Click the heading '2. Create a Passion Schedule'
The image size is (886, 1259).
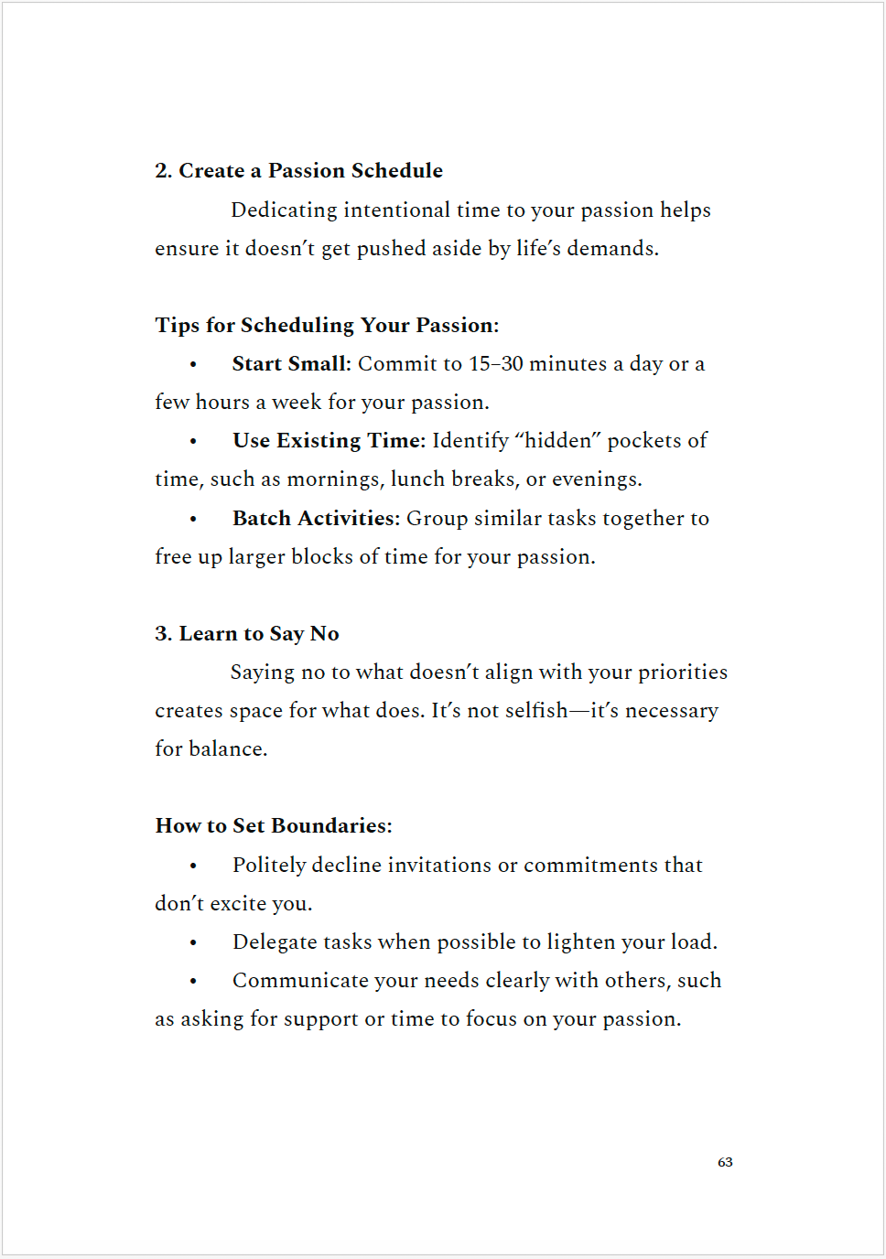pyautogui.click(x=298, y=171)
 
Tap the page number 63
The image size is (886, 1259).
pyautogui.click(x=725, y=1162)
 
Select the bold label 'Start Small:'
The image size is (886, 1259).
pyautogui.click(x=291, y=364)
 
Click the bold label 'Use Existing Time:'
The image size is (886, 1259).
pyautogui.click(x=329, y=441)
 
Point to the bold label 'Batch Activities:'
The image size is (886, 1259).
pyautogui.click(x=316, y=519)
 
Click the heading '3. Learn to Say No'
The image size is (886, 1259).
pyautogui.click(x=247, y=634)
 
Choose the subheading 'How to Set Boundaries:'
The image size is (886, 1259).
pyautogui.click(x=274, y=826)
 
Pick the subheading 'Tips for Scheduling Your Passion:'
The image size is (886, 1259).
pyautogui.click(x=327, y=326)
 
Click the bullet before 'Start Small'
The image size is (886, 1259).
pyautogui.click(x=193, y=365)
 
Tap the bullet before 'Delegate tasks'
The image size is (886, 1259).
pyautogui.click(x=193, y=942)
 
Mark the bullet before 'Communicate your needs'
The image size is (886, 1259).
pyautogui.click(x=193, y=981)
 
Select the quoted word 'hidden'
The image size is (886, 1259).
pyautogui.click(x=558, y=441)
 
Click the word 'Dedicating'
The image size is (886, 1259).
pyautogui.click(x=284, y=210)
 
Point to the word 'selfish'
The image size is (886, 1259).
pyautogui.click(x=536, y=711)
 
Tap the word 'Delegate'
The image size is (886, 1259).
pyautogui.click(x=275, y=942)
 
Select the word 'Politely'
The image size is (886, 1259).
pyautogui.click(x=269, y=866)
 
